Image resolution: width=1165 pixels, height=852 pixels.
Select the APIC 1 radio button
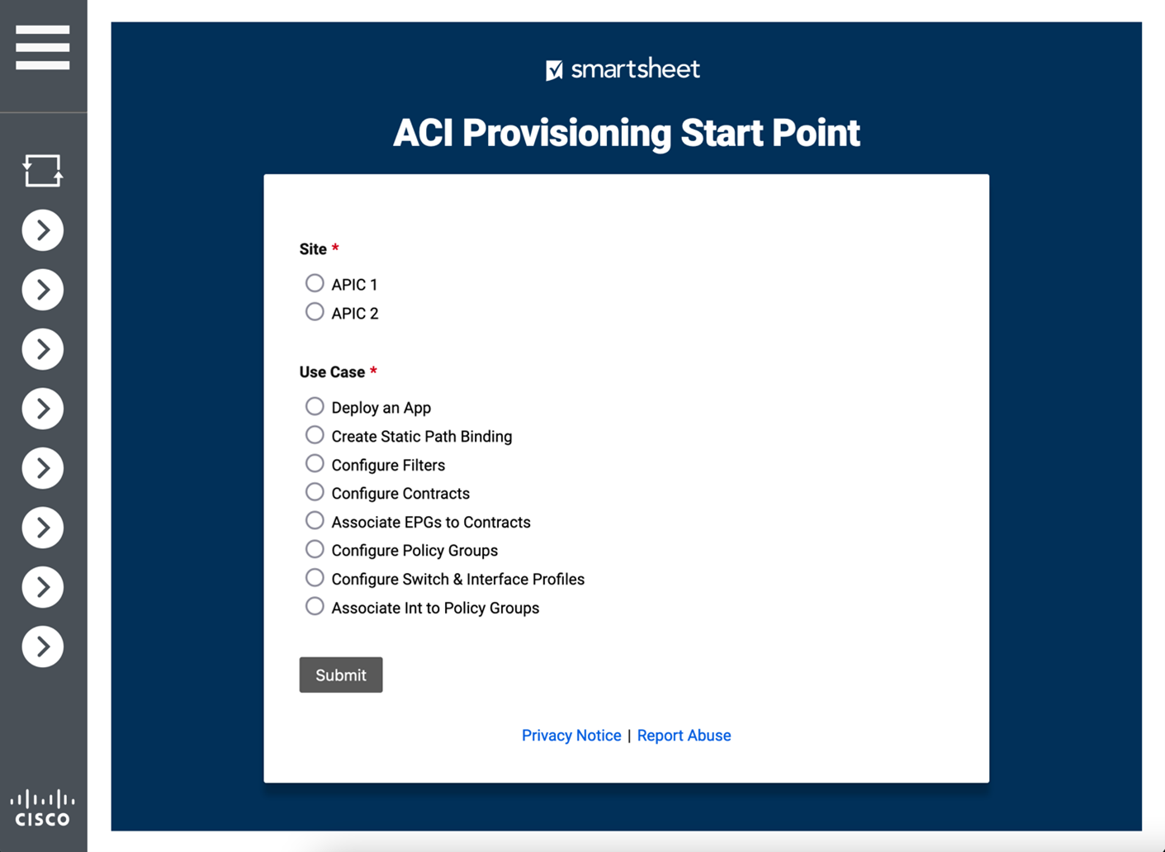[x=315, y=283]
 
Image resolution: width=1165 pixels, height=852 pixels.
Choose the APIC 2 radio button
[x=315, y=312]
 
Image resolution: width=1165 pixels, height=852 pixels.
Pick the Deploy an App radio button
[x=315, y=406]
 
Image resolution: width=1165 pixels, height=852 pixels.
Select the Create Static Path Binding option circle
[x=315, y=435]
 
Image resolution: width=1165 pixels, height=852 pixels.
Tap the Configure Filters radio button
[x=315, y=464]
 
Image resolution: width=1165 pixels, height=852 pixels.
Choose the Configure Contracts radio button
[x=315, y=492]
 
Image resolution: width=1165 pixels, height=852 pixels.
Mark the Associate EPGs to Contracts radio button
[x=315, y=521]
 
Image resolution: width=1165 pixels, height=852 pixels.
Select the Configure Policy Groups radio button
[x=315, y=549]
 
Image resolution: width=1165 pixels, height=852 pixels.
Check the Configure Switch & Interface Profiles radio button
[x=315, y=578]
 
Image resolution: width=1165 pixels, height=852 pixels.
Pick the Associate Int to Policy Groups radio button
[x=315, y=607]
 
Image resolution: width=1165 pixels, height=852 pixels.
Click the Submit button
[x=340, y=674]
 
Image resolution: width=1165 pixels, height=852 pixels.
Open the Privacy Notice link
[x=571, y=736]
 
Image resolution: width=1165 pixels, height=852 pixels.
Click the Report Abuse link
[x=684, y=736]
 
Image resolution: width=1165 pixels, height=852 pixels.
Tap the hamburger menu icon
[x=43, y=47]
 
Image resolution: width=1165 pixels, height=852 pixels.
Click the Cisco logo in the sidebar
[x=43, y=808]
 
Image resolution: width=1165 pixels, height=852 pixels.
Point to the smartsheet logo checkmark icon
[x=554, y=70]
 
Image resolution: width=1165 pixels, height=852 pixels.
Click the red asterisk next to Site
[x=335, y=248]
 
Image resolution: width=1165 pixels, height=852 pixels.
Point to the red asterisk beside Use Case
[x=373, y=371]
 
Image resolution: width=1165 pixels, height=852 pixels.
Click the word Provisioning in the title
[x=566, y=133]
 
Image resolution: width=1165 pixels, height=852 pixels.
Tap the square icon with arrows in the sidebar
[x=43, y=171]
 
